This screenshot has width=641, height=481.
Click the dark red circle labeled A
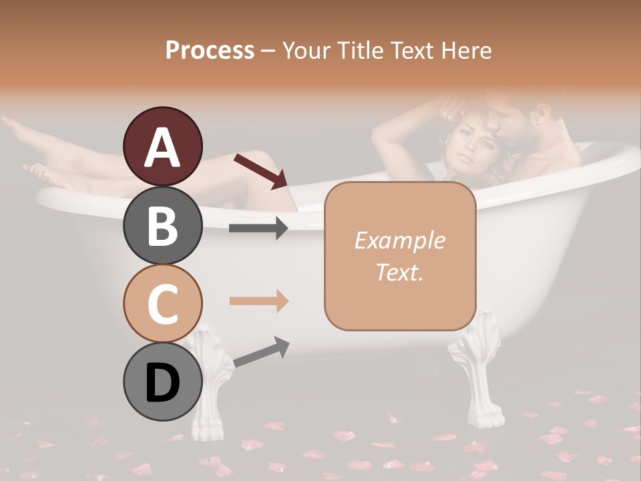point(162,147)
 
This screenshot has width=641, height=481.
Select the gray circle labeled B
point(162,225)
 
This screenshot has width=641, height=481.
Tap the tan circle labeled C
point(162,303)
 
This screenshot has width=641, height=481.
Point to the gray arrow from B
point(258,228)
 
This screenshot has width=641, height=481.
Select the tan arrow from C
point(258,301)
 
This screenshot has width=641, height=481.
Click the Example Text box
point(400,256)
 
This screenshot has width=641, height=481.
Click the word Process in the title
point(210,50)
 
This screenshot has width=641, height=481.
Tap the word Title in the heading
point(355,50)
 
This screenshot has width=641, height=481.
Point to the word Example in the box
point(399,240)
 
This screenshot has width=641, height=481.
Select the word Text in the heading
point(409,50)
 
